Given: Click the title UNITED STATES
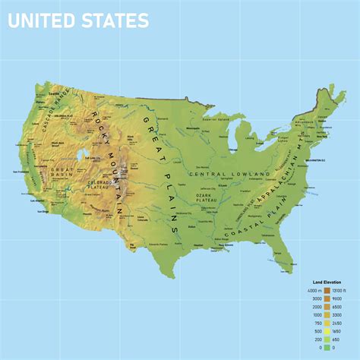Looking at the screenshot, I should [x=77, y=21].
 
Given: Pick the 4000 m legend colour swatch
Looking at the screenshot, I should [x=327, y=290].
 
